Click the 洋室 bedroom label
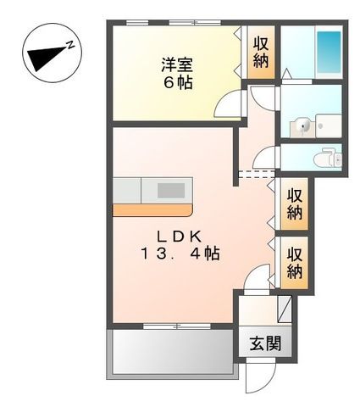[177, 64]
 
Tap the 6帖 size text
[178, 82]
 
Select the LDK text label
[180, 237]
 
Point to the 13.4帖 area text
[180, 254]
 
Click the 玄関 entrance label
[265, 343]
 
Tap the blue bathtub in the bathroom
[329, 51]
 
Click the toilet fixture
[328, 159]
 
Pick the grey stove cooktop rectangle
[171, 190]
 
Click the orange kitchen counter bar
[152, 210]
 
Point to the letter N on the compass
[69, 45]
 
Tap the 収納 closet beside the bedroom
[261, 53]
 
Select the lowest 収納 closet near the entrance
[295, 263]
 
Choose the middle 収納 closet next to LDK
[295, 204]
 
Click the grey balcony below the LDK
[173, 351]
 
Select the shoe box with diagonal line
[285, 309]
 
